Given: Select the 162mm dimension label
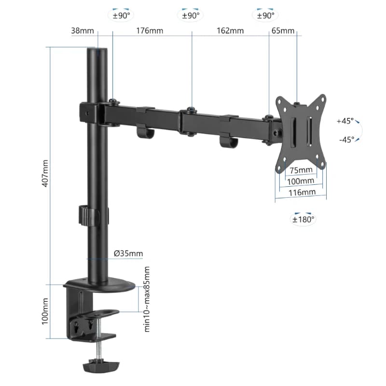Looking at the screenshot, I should tap(230, 31).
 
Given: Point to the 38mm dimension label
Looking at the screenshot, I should tap(83, 31).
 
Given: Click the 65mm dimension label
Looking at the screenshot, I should tap(283, 31).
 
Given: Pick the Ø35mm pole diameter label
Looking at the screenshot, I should tap(128, 253).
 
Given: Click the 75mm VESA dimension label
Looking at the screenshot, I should tap(301, 170).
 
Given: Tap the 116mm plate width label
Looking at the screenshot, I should tap(301, 192).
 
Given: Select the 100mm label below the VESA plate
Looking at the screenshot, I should tap(301, 181).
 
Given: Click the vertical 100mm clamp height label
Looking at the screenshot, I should tap(44, 311).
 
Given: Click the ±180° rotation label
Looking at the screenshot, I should tap(303, 220).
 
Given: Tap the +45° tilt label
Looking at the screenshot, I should tap(345, 121).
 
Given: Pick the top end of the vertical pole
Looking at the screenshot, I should tap(98, 50).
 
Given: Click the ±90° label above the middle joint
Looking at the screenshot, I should tap(192, 15).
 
